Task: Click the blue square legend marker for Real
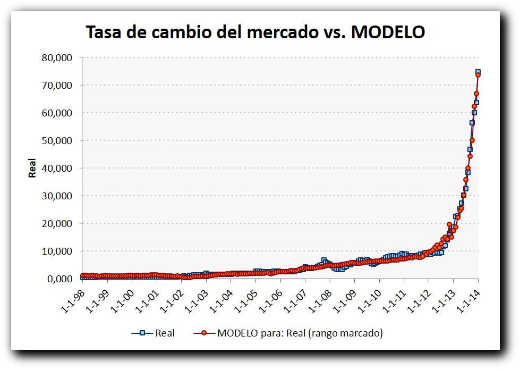coord(142,333)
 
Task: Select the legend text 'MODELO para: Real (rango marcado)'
coord(300,333)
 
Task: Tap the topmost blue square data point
coord(478,72)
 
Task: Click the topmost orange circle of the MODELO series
coord(478,75)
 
